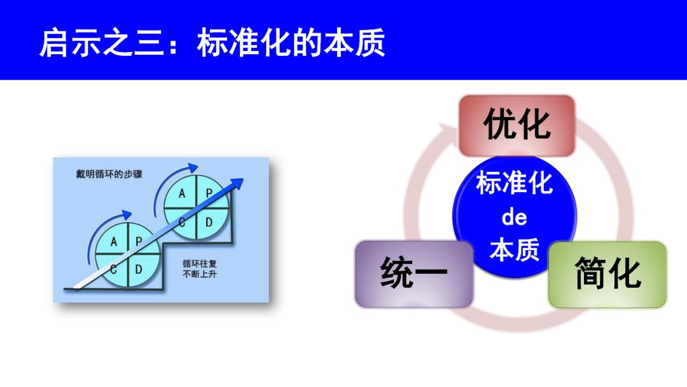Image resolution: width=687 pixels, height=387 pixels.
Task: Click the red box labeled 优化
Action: tap(517, 125)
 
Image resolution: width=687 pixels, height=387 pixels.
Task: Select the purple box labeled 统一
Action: tap(414, 274)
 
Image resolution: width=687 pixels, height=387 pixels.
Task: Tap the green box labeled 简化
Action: tap(607, 274)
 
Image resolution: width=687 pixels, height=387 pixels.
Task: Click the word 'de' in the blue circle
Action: tap(514, 218)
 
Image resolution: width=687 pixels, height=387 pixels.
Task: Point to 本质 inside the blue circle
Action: tap(514, 250)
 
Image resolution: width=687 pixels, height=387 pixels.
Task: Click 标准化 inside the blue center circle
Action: tap(514, 185)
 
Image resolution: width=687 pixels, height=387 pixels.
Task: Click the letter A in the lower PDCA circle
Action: tap(114, 242)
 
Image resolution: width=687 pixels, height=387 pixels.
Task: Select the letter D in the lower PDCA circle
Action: tap(139, 269)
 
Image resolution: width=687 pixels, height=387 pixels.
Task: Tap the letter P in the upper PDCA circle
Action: tap(208, 193)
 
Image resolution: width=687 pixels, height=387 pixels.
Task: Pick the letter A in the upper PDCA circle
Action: tap(183, 193)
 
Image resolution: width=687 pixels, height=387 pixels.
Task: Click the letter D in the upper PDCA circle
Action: tap(209, 222)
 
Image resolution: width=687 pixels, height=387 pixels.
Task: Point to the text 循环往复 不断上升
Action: tap(198, 269)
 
